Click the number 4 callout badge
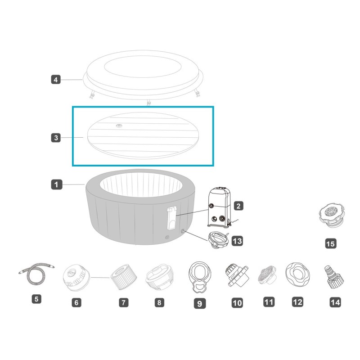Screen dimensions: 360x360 tap(56, 80)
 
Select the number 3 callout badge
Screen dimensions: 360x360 tap(56, 138)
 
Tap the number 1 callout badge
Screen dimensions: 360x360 tap(57, 184)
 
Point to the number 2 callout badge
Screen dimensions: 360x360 tap(238, 206)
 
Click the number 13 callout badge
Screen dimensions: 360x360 tap(237, 241)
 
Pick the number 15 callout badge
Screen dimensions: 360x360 tap(331, 243)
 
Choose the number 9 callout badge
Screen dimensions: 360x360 tap(200, 303)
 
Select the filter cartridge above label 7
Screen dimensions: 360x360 tap(123, 277)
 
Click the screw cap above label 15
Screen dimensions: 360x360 tap(332, 215)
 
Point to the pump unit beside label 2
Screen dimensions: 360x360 tap(220, 207)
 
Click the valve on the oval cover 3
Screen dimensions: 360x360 tap(119, 126)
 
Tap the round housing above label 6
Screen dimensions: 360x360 tap(76, 278)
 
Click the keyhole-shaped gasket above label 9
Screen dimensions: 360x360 tap(199, 277)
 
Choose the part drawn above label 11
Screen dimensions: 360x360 tap(267, 275)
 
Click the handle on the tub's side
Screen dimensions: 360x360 tap(172, 218)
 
